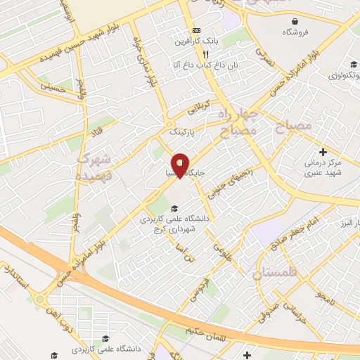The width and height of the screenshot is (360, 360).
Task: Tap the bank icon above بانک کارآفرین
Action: tap(196, 31)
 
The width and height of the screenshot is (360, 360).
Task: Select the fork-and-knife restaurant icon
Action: tap(205, 54)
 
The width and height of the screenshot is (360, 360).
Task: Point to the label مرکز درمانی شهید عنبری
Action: tap(323, 169)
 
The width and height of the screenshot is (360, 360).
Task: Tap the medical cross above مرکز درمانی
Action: tap(323, 152)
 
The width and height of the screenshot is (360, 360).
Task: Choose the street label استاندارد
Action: tap(18, 278)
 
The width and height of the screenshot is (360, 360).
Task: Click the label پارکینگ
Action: tap(182, 131)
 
